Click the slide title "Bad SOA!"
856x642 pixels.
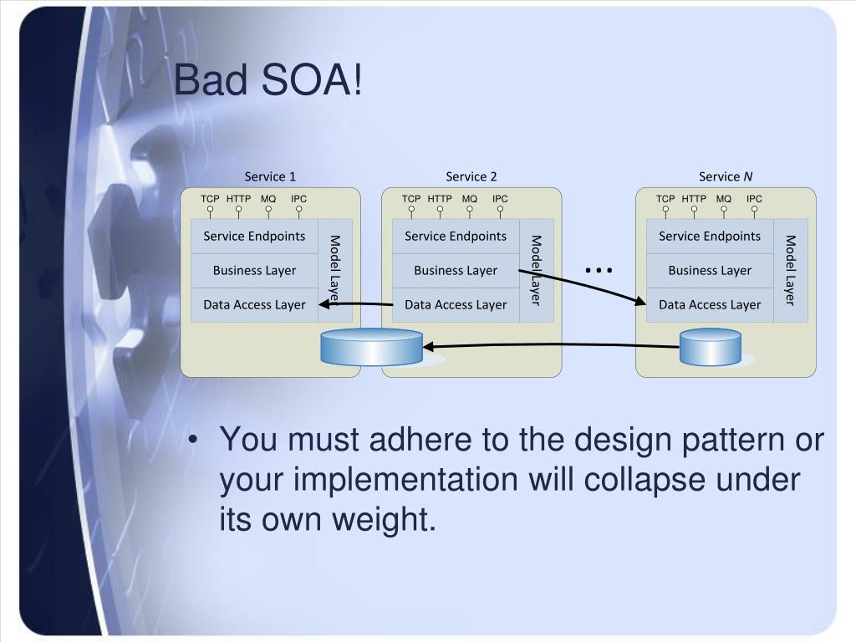pyautogui.click(x=268, y=82)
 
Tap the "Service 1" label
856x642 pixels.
pyautogui.click(x=270, y=176)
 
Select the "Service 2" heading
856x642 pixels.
pyautogui.click(x=471, y=176)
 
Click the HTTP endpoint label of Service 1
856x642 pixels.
pyautogui.click(x=238, y=199)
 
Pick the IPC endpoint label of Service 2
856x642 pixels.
pyautogui.click(x=500, y=199)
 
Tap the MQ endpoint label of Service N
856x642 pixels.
pyautogui.click(x=724, y=199)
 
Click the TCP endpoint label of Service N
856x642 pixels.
pyautogui.click(x=665, y=199)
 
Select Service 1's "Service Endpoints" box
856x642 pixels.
pyautogui.click(x=254, y=237)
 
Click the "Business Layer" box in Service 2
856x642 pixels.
pyautogui.click(x=456, y=271)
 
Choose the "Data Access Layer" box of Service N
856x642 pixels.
pyautogui.click(x=710, y=305)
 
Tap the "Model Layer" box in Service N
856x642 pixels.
pyautogui.click(x=790, y=270)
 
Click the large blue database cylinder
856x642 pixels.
pyautogui.click(x=372, y=347)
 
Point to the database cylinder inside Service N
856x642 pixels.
pyautogui.click(x=711, y=347)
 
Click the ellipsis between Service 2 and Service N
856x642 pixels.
pyautogui.click(x=599, y=270)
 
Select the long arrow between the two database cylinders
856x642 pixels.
pyautogui.click(x=552, y=345)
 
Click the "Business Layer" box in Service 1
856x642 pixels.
pyautogui.click(x=254, y=271)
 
